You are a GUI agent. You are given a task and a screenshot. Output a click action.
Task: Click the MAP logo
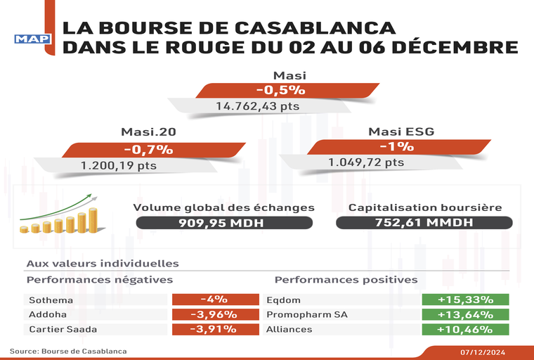(33, 39)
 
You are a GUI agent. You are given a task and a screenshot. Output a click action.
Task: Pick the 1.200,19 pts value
(118, 166)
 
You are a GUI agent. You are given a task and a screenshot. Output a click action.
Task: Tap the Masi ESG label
(401, 131)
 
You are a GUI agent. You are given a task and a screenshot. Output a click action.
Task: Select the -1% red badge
(397, 147)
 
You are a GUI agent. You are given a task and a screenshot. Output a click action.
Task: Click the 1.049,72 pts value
(366, 162)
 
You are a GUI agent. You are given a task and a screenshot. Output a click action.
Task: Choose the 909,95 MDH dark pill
(223, 222)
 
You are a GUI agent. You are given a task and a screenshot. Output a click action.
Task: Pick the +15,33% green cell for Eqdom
(464, 300)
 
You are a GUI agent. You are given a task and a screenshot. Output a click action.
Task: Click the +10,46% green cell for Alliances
(464, 329)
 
